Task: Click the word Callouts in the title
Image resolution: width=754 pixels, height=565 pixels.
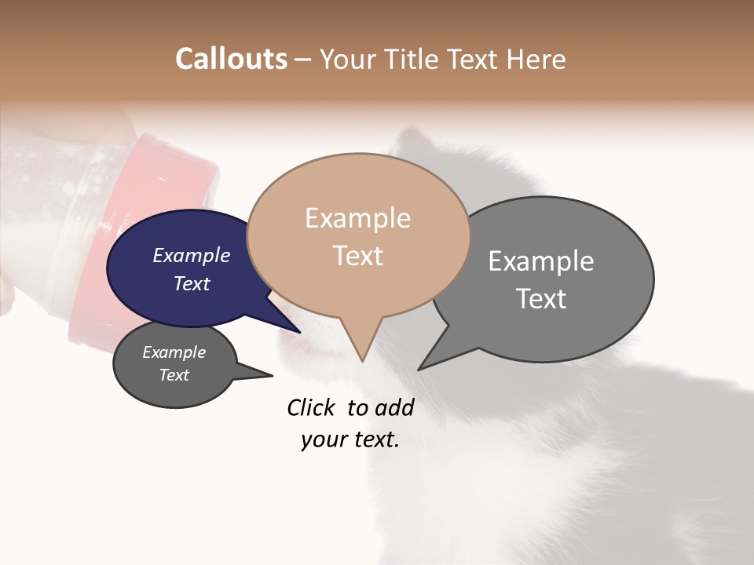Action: click(231, 59)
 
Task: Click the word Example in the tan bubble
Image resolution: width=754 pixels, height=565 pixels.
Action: click(357, 218)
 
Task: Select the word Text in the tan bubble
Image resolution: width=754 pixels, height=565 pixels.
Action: click(357, 256)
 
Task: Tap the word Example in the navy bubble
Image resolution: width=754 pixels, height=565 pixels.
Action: click(191, 256)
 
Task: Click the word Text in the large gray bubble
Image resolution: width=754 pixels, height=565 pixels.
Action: click(540, 299)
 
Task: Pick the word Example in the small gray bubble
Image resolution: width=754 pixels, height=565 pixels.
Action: click(174, 352)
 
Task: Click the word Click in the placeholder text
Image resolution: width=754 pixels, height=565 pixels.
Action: click(311, 407)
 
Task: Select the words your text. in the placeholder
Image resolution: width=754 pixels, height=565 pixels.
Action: click(350, 440)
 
